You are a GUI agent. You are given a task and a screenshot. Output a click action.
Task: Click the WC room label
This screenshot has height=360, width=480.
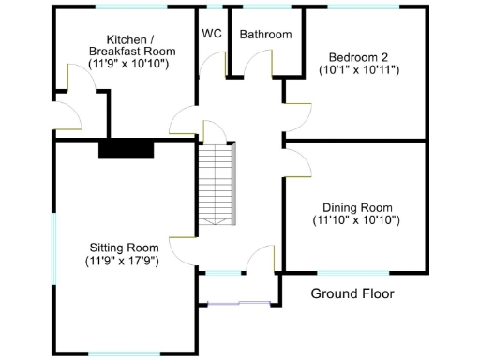click(212, 34)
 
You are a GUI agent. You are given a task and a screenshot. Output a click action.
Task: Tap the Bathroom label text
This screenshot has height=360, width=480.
click(265, 35)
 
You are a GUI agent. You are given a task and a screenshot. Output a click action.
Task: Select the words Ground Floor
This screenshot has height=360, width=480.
click(352, 293)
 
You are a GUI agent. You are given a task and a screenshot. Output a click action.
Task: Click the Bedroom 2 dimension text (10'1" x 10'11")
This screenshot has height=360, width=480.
click(359, 69)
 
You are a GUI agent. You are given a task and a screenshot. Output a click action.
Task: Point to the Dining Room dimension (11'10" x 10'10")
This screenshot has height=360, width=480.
click(357, 220)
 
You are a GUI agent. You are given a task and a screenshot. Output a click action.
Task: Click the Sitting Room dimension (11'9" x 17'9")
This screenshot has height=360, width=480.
click(121, 261)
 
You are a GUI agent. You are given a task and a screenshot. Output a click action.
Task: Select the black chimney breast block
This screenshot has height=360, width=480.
click(127, 149)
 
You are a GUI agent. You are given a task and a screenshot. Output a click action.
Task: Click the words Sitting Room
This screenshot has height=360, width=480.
click(121, 247)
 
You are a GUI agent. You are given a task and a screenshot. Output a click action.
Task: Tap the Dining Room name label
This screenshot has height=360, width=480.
click(357, 207)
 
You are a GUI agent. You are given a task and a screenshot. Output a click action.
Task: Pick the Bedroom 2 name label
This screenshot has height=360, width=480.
click(359, 56)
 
